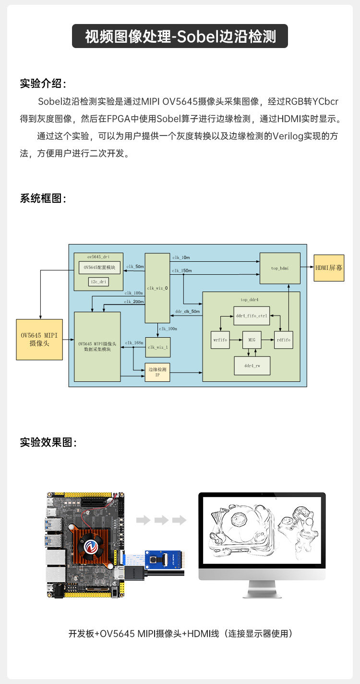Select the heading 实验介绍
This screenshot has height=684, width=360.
(43, 83)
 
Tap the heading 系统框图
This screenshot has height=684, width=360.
(43, 198)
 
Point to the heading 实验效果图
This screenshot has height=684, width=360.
(48, 442)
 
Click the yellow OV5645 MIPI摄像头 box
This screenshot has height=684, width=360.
(40, 339)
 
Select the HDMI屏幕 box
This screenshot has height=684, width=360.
(328, 268)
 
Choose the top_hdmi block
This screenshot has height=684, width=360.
(280, 268)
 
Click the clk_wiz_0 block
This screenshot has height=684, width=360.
(157, 288)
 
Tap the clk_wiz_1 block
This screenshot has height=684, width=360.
(157, 347)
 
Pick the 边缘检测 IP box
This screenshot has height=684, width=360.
(157, 372)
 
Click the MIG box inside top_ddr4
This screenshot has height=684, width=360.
(252, 340)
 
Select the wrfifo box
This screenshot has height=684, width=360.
(220, 340)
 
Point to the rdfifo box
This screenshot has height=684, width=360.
(283, 340)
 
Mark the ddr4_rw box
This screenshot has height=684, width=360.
(252, 366)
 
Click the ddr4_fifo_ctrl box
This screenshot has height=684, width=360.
(252, 316)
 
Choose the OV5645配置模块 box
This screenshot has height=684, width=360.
(99, 267)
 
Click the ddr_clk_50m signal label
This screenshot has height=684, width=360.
(188, 311)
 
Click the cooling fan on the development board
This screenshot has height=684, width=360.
(89, 544)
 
